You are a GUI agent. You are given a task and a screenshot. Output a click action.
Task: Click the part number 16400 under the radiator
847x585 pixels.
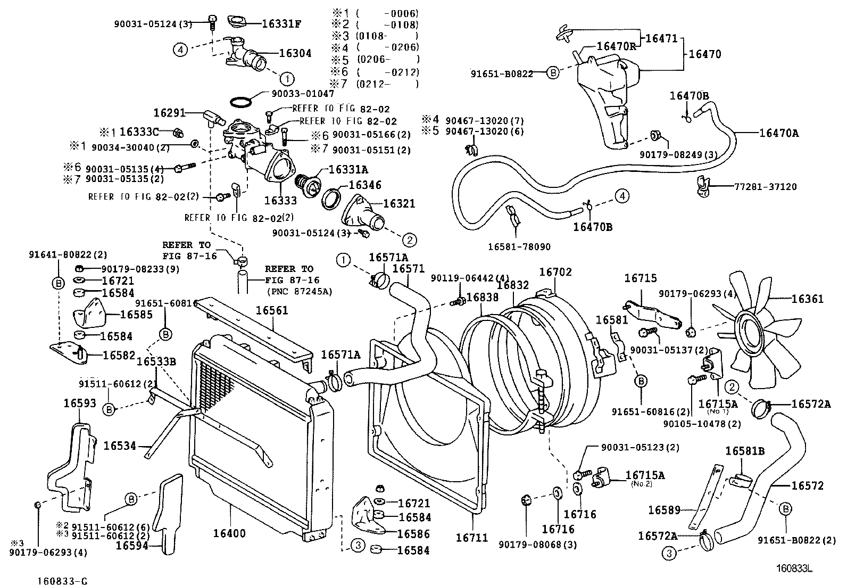click(229, 533)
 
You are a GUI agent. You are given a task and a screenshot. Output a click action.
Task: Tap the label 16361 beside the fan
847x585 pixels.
click(807, 299)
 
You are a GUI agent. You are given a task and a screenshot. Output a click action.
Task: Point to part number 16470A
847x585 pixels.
click(779, 133)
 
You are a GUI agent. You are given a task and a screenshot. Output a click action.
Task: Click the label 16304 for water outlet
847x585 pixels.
click(295, 53)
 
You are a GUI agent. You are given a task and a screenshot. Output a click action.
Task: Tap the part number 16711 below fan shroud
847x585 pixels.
click(471, 538)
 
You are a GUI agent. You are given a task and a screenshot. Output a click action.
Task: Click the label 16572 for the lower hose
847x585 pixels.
click(807, 485)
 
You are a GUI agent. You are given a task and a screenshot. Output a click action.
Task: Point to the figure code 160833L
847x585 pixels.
click(795, 569)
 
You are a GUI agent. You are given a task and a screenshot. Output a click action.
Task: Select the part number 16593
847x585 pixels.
click(80, 403)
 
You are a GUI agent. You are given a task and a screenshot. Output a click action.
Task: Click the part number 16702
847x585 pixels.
click(555, 272)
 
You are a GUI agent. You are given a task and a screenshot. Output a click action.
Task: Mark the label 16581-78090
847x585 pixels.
click(519, 247)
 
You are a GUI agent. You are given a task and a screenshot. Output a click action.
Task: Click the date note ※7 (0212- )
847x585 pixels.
click(374, 84)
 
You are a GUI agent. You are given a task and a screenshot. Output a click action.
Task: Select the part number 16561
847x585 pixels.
click(272, 310)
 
